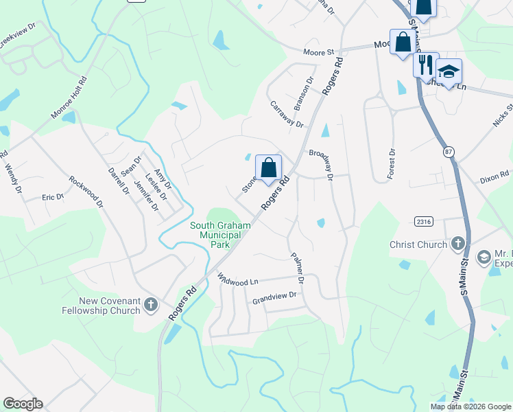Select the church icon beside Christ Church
(x=457, y=244)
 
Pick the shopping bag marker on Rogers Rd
(x=268, y=168)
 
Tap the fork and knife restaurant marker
(x=426, y=65)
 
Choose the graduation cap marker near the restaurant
(x=449, y=72)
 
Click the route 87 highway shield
(x=449, y=152)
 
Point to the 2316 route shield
(x=422, y=220)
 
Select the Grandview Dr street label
(x=274, y=296)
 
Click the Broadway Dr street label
(x=320, y=164)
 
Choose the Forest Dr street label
(x=391, y=164)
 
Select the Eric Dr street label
(x=53, y=197)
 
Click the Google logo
(x=23, y=404)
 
